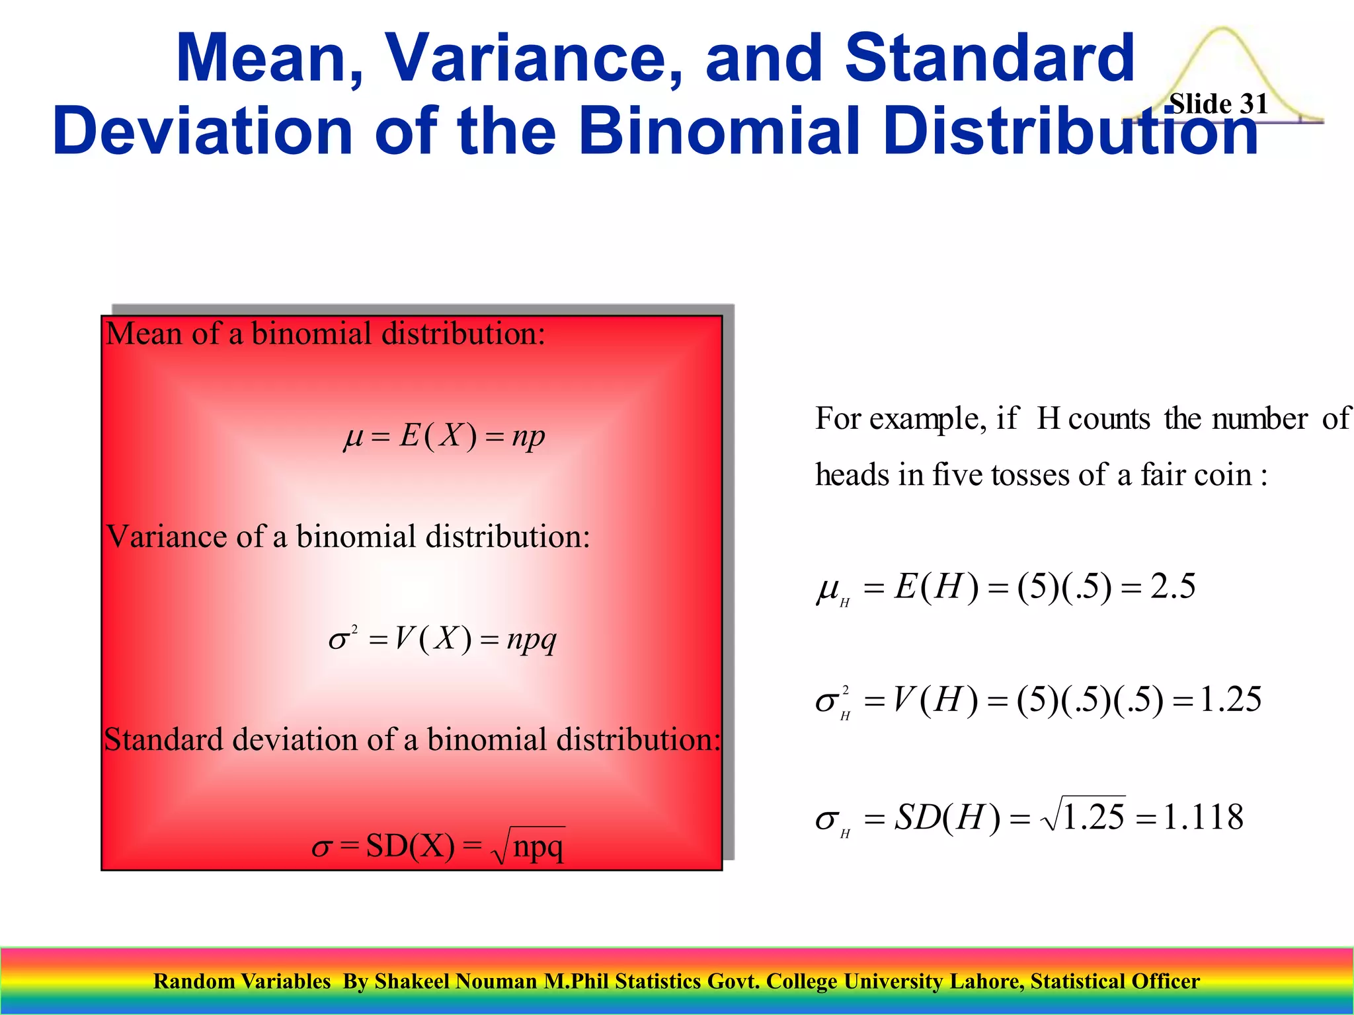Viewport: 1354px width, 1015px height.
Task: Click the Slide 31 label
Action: pyautogui.click(x=1218, y=104)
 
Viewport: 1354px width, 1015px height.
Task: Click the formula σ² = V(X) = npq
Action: pyautogui.click(x=442, y=639)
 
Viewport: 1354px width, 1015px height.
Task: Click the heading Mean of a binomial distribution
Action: pyautogui.click(x=325, y=334)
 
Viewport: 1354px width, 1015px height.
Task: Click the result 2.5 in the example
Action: pyautogui.click(x=1172, y=586)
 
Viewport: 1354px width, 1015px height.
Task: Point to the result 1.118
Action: pyautogui.click(x=1203, y=817)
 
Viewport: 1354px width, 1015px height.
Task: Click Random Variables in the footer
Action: pyautogui.click(x=241, y=981)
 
